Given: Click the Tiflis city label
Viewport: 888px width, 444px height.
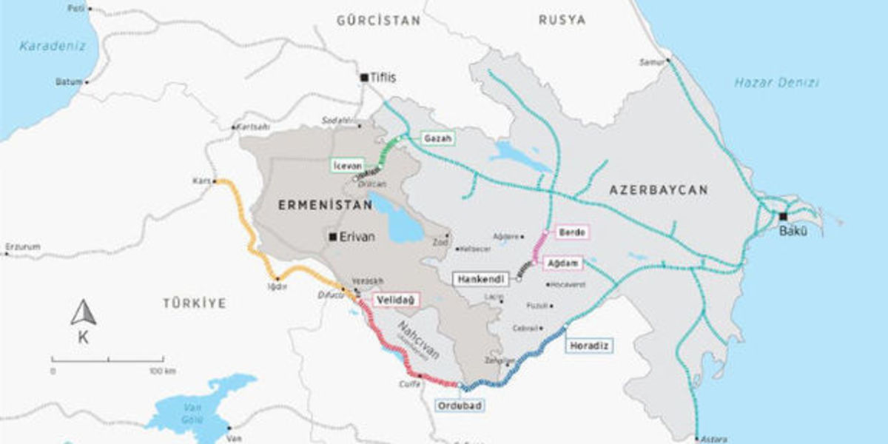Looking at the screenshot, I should point(383,78).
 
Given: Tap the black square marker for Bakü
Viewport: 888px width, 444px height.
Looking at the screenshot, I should point(783,217).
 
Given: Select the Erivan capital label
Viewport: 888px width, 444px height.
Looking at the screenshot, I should point(357,237).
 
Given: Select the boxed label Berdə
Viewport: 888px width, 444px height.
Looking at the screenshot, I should point(571,232).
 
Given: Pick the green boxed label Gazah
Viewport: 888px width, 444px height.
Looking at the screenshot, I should point(437,138).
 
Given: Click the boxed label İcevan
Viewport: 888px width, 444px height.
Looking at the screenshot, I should point(346,164).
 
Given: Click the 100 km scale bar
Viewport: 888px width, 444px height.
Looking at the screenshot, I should point(107,360).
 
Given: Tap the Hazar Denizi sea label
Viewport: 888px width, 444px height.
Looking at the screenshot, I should point(776,83).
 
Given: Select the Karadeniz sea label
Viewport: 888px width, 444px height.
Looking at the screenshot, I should point(53,46).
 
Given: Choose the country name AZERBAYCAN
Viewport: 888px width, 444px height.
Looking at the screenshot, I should point(658,190).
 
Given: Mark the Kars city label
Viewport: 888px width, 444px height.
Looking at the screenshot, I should point(201,181).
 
